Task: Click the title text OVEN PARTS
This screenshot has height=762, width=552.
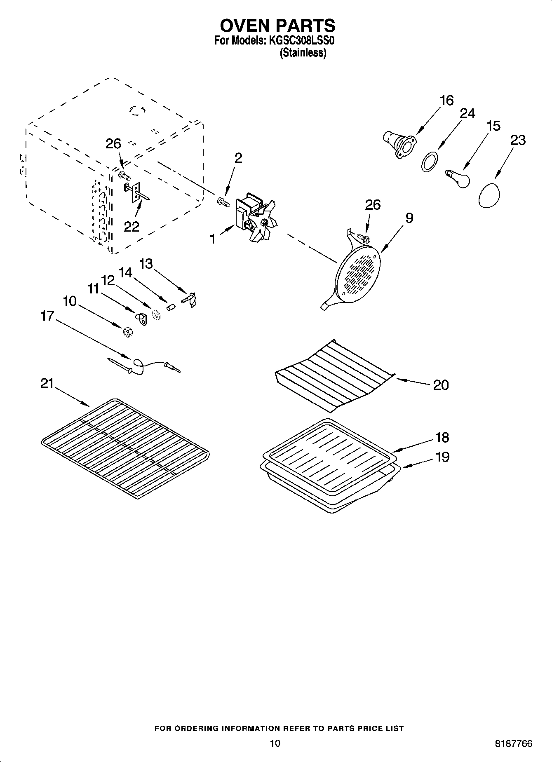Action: click(277, 26)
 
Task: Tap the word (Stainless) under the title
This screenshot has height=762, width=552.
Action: click(303, 53)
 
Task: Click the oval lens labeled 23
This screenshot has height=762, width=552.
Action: click(489, 195)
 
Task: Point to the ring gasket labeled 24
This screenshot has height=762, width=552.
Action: click(429, 161)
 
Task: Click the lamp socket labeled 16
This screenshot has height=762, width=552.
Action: click(398, 143)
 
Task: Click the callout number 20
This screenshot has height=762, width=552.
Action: click(441, 385)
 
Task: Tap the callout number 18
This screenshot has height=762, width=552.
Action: click(442, 437)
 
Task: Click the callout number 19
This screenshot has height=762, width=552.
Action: click(442, 457)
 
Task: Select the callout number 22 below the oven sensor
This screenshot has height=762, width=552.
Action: click(132, 226)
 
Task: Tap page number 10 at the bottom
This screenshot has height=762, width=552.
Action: click(275, 743)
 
